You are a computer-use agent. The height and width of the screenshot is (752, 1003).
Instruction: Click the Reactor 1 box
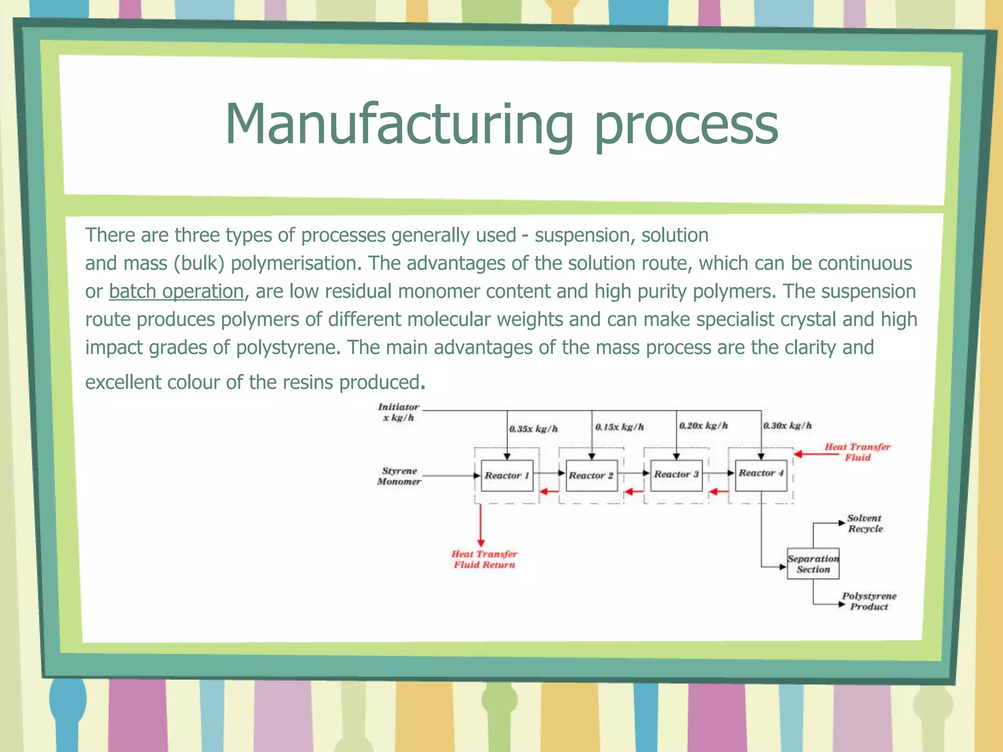(x=507, y=475)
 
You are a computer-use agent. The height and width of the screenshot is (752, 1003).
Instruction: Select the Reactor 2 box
(x=591, y=475)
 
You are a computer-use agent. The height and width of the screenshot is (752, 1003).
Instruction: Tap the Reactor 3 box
(x=676, y=474)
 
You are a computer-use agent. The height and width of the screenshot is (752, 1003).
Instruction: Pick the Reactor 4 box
(x=761, y=473)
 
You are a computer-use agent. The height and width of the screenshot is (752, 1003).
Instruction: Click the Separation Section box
(x=813, y=564)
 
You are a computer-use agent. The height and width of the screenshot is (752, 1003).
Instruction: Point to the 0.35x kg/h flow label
(x=533, y=429)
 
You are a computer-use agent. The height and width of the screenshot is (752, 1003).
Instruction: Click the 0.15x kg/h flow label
(x=620, y=427)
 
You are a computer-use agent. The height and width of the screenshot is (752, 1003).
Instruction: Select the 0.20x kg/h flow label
(x=704, y=426)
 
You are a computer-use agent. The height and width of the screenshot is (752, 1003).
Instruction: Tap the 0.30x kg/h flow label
(x=788, y=426)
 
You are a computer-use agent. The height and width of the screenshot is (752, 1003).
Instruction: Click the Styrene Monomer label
(x=399, y=476)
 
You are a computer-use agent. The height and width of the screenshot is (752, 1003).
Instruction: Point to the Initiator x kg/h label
(x=398, y=412)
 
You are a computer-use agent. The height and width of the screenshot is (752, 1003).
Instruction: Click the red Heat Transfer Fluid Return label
(x=484, y=560)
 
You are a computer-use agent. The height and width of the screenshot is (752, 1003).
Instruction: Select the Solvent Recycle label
(x=865, y=523)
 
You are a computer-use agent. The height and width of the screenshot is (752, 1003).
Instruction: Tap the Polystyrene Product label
(x=869, y=601)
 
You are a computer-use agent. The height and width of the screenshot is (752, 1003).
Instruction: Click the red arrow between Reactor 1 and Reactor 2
(x=549, y=492)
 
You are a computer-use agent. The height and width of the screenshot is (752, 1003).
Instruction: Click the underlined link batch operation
(x=176, y=291)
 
